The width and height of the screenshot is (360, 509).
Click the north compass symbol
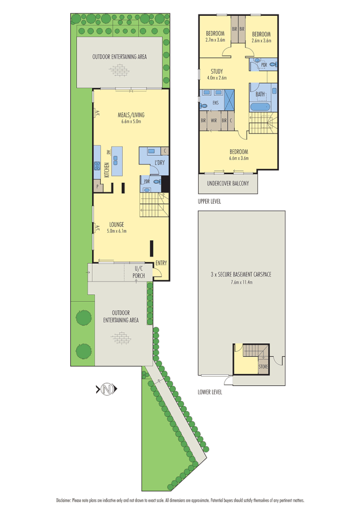click(x=106, y=390)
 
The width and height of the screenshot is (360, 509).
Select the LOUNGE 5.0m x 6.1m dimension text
click(x=116, y=231)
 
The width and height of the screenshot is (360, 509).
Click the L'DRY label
click(x=159, y=162)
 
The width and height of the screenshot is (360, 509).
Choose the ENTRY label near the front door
click(x=161, y=263)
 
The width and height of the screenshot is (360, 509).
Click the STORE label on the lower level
click(x=263, y=366)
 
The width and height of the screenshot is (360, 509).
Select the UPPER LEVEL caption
click(x=209, y=201)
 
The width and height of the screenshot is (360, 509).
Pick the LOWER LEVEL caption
click(x=210, y=392)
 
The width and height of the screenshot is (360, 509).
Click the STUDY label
click(x=216, y=71)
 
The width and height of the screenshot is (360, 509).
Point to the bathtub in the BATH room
click(x=261, y=107)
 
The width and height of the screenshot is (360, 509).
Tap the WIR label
click(x=214, y=121)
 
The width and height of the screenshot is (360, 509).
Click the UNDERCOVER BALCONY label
click(x=228, y=183)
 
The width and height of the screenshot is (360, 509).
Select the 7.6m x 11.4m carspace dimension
click(x=241, y=281)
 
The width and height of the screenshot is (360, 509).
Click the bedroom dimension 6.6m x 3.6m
click(x=238, y=158)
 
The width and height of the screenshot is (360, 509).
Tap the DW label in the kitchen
click(x=108, y=153)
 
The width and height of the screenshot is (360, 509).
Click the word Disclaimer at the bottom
click(x=64, y=500)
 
